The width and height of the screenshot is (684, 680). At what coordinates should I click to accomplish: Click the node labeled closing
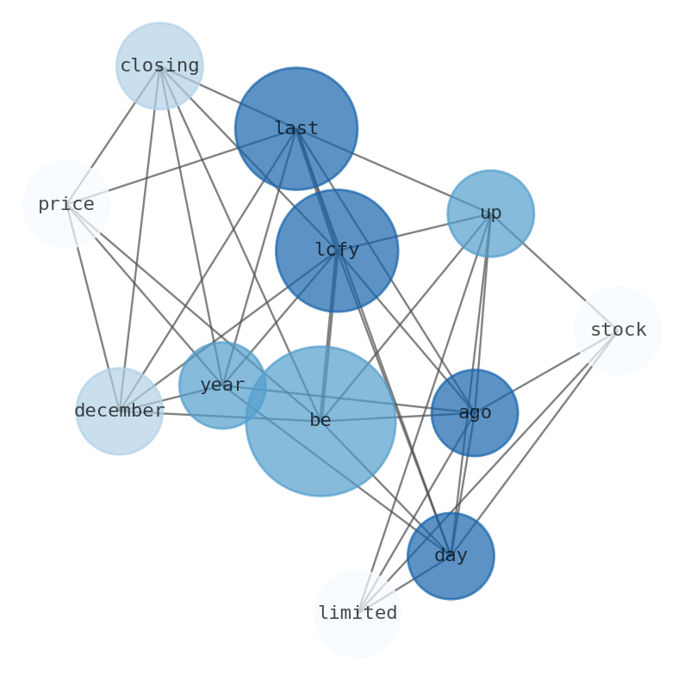pyautogui.click(x=159, y=66)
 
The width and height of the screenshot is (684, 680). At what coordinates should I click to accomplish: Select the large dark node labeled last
pyautogui.click(x=296, y=129)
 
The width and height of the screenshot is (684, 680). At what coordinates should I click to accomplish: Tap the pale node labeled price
pyautogui.click(x=66, y=205)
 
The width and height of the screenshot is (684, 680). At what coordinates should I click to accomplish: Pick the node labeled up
pyautogui.click(x=491, y=213)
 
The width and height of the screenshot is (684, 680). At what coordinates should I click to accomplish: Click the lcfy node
pyautogui.click(x=337, y=250)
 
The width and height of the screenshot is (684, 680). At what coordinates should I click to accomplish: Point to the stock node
pyautogui.click(x=619, y=331)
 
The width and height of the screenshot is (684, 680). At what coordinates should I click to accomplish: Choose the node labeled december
pyautogui.click(x=120, y=411)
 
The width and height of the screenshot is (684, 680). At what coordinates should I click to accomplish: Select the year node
pyautogui.click(x=222, y=386)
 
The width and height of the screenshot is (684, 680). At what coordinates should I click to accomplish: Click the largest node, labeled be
pyautogui.click(x=320, y=421)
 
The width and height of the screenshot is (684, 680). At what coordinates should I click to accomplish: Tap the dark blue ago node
pyautogui.click(x=475, y=413)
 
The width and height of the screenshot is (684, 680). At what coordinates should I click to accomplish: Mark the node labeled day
pyautogui.click(x=451, y=556)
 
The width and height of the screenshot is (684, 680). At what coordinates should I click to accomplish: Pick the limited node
pyautogui.click(x=358, y=614)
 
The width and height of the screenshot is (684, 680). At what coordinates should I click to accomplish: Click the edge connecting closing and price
pyautogui.click(x=113, y=135)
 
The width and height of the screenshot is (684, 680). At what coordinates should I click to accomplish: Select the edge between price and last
pyautogui.click(x=181, y=167)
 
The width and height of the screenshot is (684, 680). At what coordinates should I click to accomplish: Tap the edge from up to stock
pyautogui.click(x=555, y=272)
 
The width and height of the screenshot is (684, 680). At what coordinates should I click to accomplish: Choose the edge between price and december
pyautogui.click(x=93, y=308)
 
